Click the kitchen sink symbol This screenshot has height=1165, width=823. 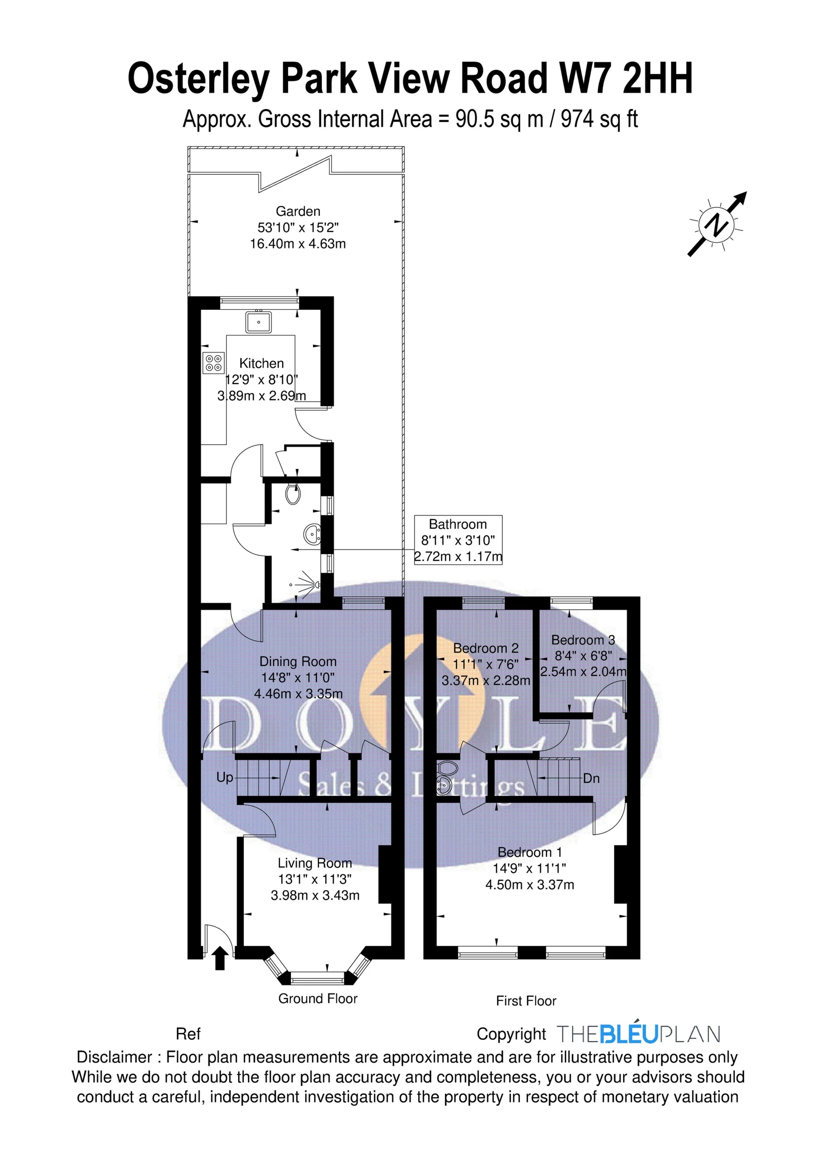tap(259, 322)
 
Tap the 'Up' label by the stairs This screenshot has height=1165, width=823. tap(225, 777)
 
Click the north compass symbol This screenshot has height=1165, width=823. tap(717, 224)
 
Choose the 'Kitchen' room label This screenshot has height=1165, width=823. tap(261, 363)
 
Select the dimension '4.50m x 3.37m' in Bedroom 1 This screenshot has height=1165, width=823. tap(530, 885)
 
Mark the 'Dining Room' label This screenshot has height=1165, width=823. tap(298, 662)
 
